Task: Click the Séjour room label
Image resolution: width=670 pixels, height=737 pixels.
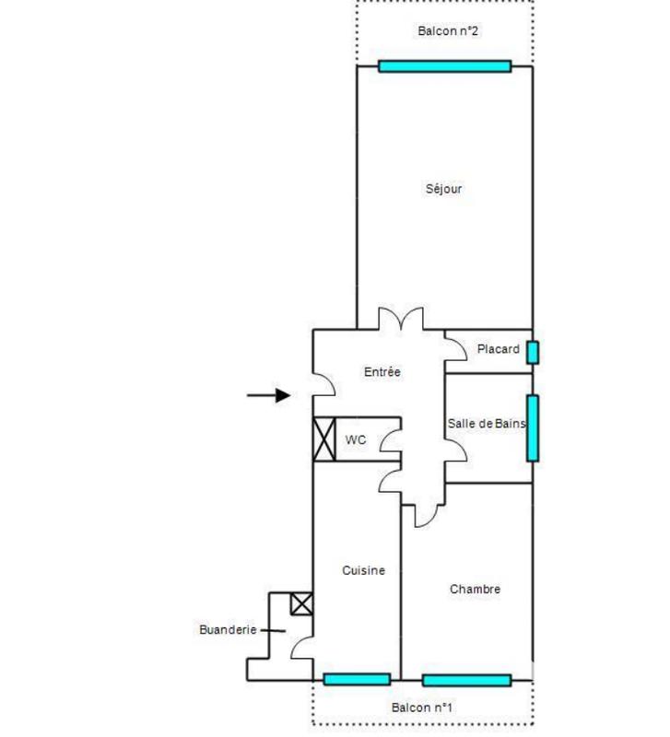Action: pos(443,189)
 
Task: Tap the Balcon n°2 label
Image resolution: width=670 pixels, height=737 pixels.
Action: pos(448,30)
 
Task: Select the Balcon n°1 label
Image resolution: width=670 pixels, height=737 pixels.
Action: pos(421,708)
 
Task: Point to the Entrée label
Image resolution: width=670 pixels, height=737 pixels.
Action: pos(382,372)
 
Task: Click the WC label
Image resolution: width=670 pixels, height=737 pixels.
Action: pos(356,440)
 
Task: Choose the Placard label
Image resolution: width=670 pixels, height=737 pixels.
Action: pos(498,350)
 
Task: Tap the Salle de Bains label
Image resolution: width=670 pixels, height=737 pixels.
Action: pos(487,424)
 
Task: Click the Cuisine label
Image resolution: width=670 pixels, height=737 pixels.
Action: pos(363,570)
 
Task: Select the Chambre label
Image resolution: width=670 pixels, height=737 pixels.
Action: pos(475,589)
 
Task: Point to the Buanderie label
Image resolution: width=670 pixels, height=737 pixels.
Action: pos(227,630)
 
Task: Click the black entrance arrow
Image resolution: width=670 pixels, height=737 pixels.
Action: pos(269,395)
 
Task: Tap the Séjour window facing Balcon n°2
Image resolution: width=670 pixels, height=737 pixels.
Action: pos(444,66)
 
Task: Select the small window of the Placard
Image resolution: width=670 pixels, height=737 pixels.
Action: pos(532,352)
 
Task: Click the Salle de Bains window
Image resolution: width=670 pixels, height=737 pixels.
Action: pos(532,427)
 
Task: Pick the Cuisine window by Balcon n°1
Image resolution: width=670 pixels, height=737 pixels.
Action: pos(357,680)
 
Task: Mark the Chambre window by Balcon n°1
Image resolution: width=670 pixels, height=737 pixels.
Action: pos(466,681)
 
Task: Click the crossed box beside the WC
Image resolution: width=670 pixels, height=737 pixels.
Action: pos(323,439)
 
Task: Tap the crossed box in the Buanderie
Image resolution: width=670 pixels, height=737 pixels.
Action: pos(301,604)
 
